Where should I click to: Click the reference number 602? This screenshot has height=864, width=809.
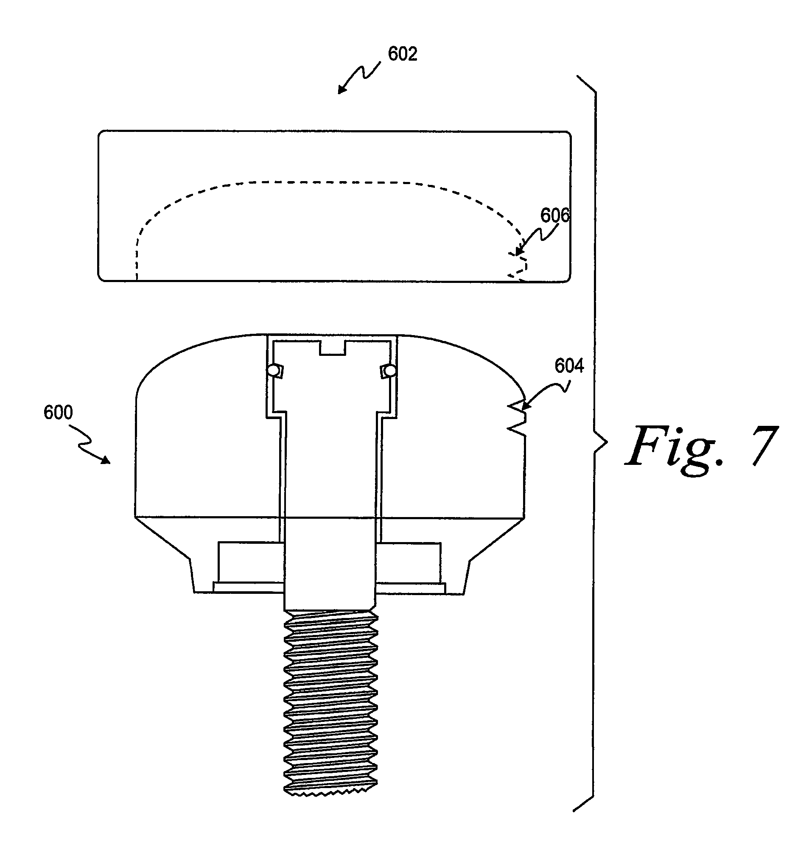click(x=403, y=54)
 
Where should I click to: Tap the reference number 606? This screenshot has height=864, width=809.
click(x=555, y=215)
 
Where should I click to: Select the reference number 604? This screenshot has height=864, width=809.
click(x=569, y=366)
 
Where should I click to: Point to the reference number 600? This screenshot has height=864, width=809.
click(x=58, y=412)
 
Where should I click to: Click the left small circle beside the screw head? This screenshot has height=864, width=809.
click(x=273, y=370)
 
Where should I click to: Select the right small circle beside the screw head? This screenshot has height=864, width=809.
click(x=390, y=370)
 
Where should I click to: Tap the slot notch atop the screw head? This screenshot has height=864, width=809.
click(x=332, y=348)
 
